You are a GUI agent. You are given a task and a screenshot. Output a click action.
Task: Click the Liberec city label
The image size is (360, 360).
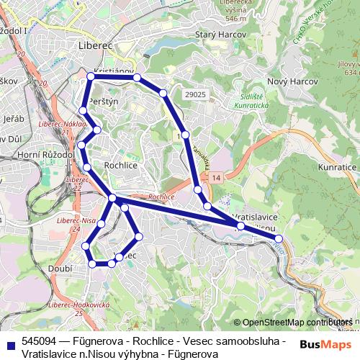point(94,45)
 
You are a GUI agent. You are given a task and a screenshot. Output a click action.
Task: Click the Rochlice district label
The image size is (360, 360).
point(121,165)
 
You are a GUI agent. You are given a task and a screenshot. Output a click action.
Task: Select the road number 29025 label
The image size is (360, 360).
point(195,94)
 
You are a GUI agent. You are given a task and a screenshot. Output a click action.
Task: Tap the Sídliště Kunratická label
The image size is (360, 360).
point(251,101)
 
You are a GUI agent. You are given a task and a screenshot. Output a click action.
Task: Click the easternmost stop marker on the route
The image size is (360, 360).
point(279,238)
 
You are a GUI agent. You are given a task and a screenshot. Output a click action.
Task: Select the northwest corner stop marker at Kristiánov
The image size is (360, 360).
point(91,76)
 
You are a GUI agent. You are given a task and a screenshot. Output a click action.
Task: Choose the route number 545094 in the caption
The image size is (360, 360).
point(40,341)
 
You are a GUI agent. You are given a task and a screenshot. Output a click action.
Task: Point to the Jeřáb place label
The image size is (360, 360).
point(14,118)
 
